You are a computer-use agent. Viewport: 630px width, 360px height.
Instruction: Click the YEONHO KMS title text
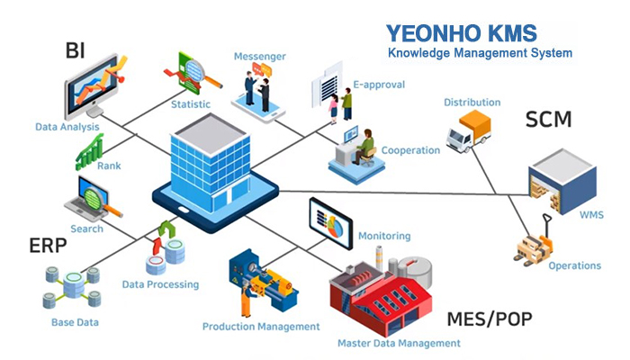(461, 34)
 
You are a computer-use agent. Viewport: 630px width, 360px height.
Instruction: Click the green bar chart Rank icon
(90, 150)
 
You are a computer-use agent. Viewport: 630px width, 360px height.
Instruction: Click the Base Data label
(75, 321)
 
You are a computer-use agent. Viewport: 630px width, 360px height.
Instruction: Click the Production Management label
(261, 327)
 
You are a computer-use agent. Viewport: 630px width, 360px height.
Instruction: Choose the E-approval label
(378, 85)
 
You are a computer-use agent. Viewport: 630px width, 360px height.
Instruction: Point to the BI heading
(75, 49)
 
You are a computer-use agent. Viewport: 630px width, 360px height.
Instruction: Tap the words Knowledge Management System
(480, 54)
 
